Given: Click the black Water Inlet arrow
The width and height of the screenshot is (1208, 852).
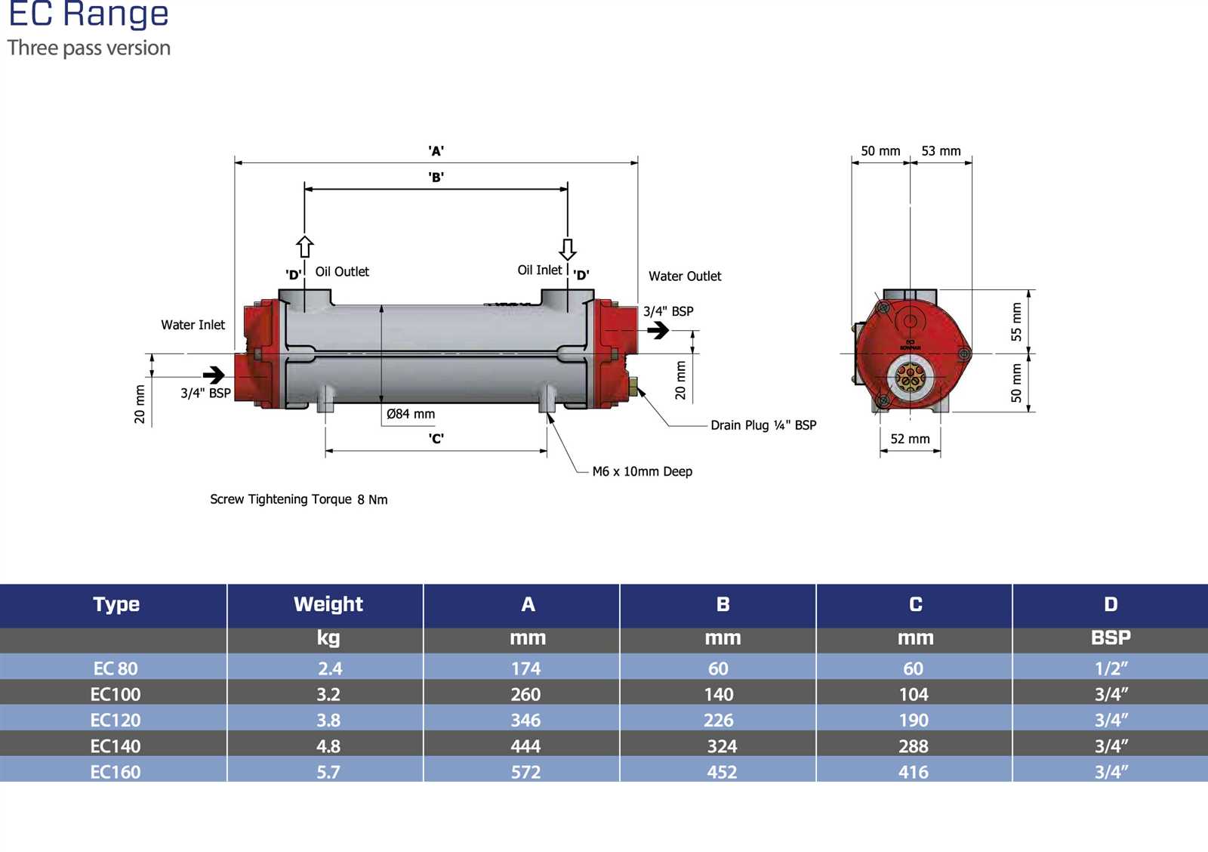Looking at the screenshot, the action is pos(214,375).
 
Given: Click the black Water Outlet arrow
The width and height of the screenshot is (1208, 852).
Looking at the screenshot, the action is pos(658,329).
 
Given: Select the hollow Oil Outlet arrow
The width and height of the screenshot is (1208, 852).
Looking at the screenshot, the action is pos(305,246).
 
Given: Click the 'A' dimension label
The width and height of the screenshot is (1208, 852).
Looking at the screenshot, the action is pos(436,150).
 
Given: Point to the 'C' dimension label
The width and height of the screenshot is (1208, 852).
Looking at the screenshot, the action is pos(436,438).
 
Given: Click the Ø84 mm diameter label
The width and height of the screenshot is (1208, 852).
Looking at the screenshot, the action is pos(411,414).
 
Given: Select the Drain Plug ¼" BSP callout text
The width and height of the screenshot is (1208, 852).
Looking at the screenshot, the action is pos(763,425).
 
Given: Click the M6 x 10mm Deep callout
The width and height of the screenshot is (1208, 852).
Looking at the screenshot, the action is pos(643,471).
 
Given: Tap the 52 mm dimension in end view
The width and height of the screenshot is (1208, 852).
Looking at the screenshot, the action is pos(910,439).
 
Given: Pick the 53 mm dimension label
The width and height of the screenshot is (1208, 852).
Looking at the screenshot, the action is pos(941,151).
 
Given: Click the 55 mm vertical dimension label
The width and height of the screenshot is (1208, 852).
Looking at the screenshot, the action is pos(1016,322).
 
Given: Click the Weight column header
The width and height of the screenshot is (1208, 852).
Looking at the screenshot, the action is pos(328,604).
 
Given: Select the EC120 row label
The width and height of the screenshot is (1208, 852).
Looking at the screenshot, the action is pos(116,721).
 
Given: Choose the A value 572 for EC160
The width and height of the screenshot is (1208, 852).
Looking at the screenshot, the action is pos(525,772).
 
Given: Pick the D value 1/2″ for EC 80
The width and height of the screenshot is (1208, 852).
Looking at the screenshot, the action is pos(1111,668).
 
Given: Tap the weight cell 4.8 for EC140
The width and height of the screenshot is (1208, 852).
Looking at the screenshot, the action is pos(328,746).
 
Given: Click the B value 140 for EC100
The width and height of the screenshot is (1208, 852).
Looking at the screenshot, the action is pos(719,694).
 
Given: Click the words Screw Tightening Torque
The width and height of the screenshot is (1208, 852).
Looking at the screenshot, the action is pos(280,499).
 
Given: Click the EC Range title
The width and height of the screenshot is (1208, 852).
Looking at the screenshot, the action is pos(89,14).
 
